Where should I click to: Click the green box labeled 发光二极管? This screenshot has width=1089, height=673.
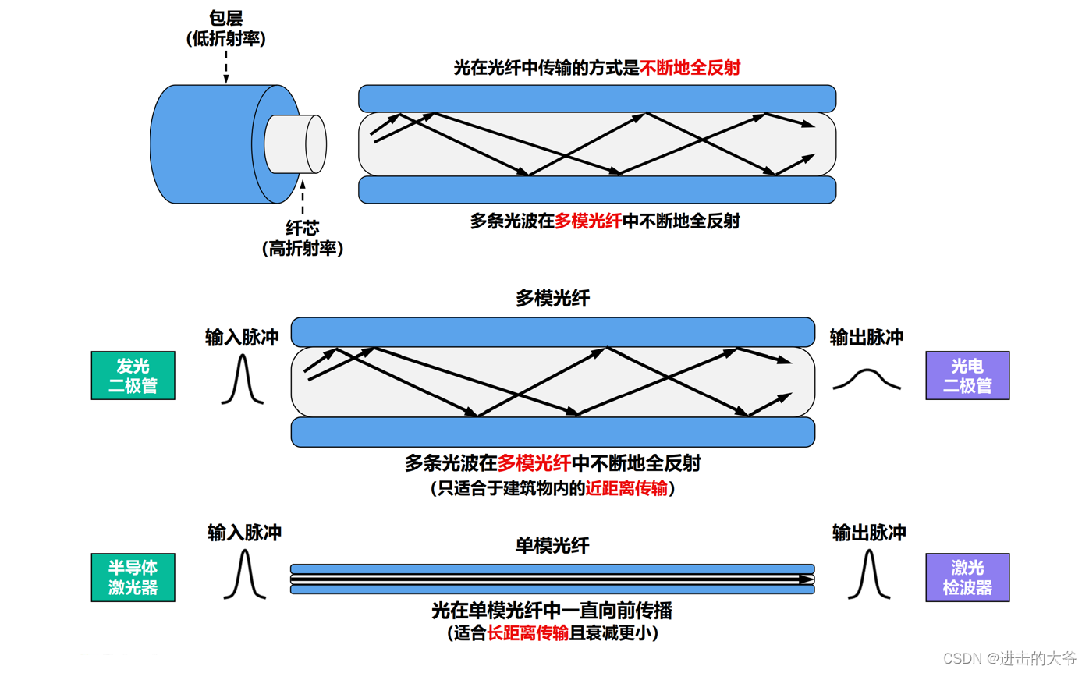(133, 376)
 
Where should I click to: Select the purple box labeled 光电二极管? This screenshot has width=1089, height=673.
(967, 376)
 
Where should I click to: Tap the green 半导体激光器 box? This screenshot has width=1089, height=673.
(133, 577)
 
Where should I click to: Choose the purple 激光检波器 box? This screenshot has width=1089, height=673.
(967, 577)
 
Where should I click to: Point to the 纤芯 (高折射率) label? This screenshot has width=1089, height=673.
(302, 238)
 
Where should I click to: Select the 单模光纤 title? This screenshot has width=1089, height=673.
(552, 545)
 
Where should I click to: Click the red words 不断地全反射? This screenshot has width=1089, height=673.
(690, 68)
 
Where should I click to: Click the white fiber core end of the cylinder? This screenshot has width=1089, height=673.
(314, 143)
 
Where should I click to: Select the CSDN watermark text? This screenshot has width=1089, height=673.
(1009, 657)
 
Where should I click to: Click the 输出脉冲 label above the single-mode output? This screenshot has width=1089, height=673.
(869, 533)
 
